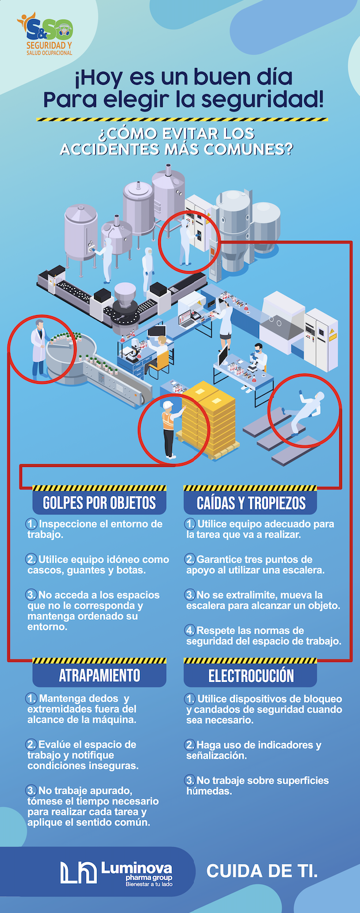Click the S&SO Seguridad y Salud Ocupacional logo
click(x=45, y=34)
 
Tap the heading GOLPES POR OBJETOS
click(x=99, y=503)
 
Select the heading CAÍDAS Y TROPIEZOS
click(x=251, y=503)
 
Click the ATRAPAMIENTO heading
click(x=99, y=675)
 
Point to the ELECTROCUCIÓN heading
click(x=251, y=676)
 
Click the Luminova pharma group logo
click(x=117, y=873)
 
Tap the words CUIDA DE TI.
click(x=262, y=871)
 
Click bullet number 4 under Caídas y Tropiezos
click(x=190, y=630)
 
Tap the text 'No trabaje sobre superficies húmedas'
click(x=257, y=785)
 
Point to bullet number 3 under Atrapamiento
click(x=31, y=790)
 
